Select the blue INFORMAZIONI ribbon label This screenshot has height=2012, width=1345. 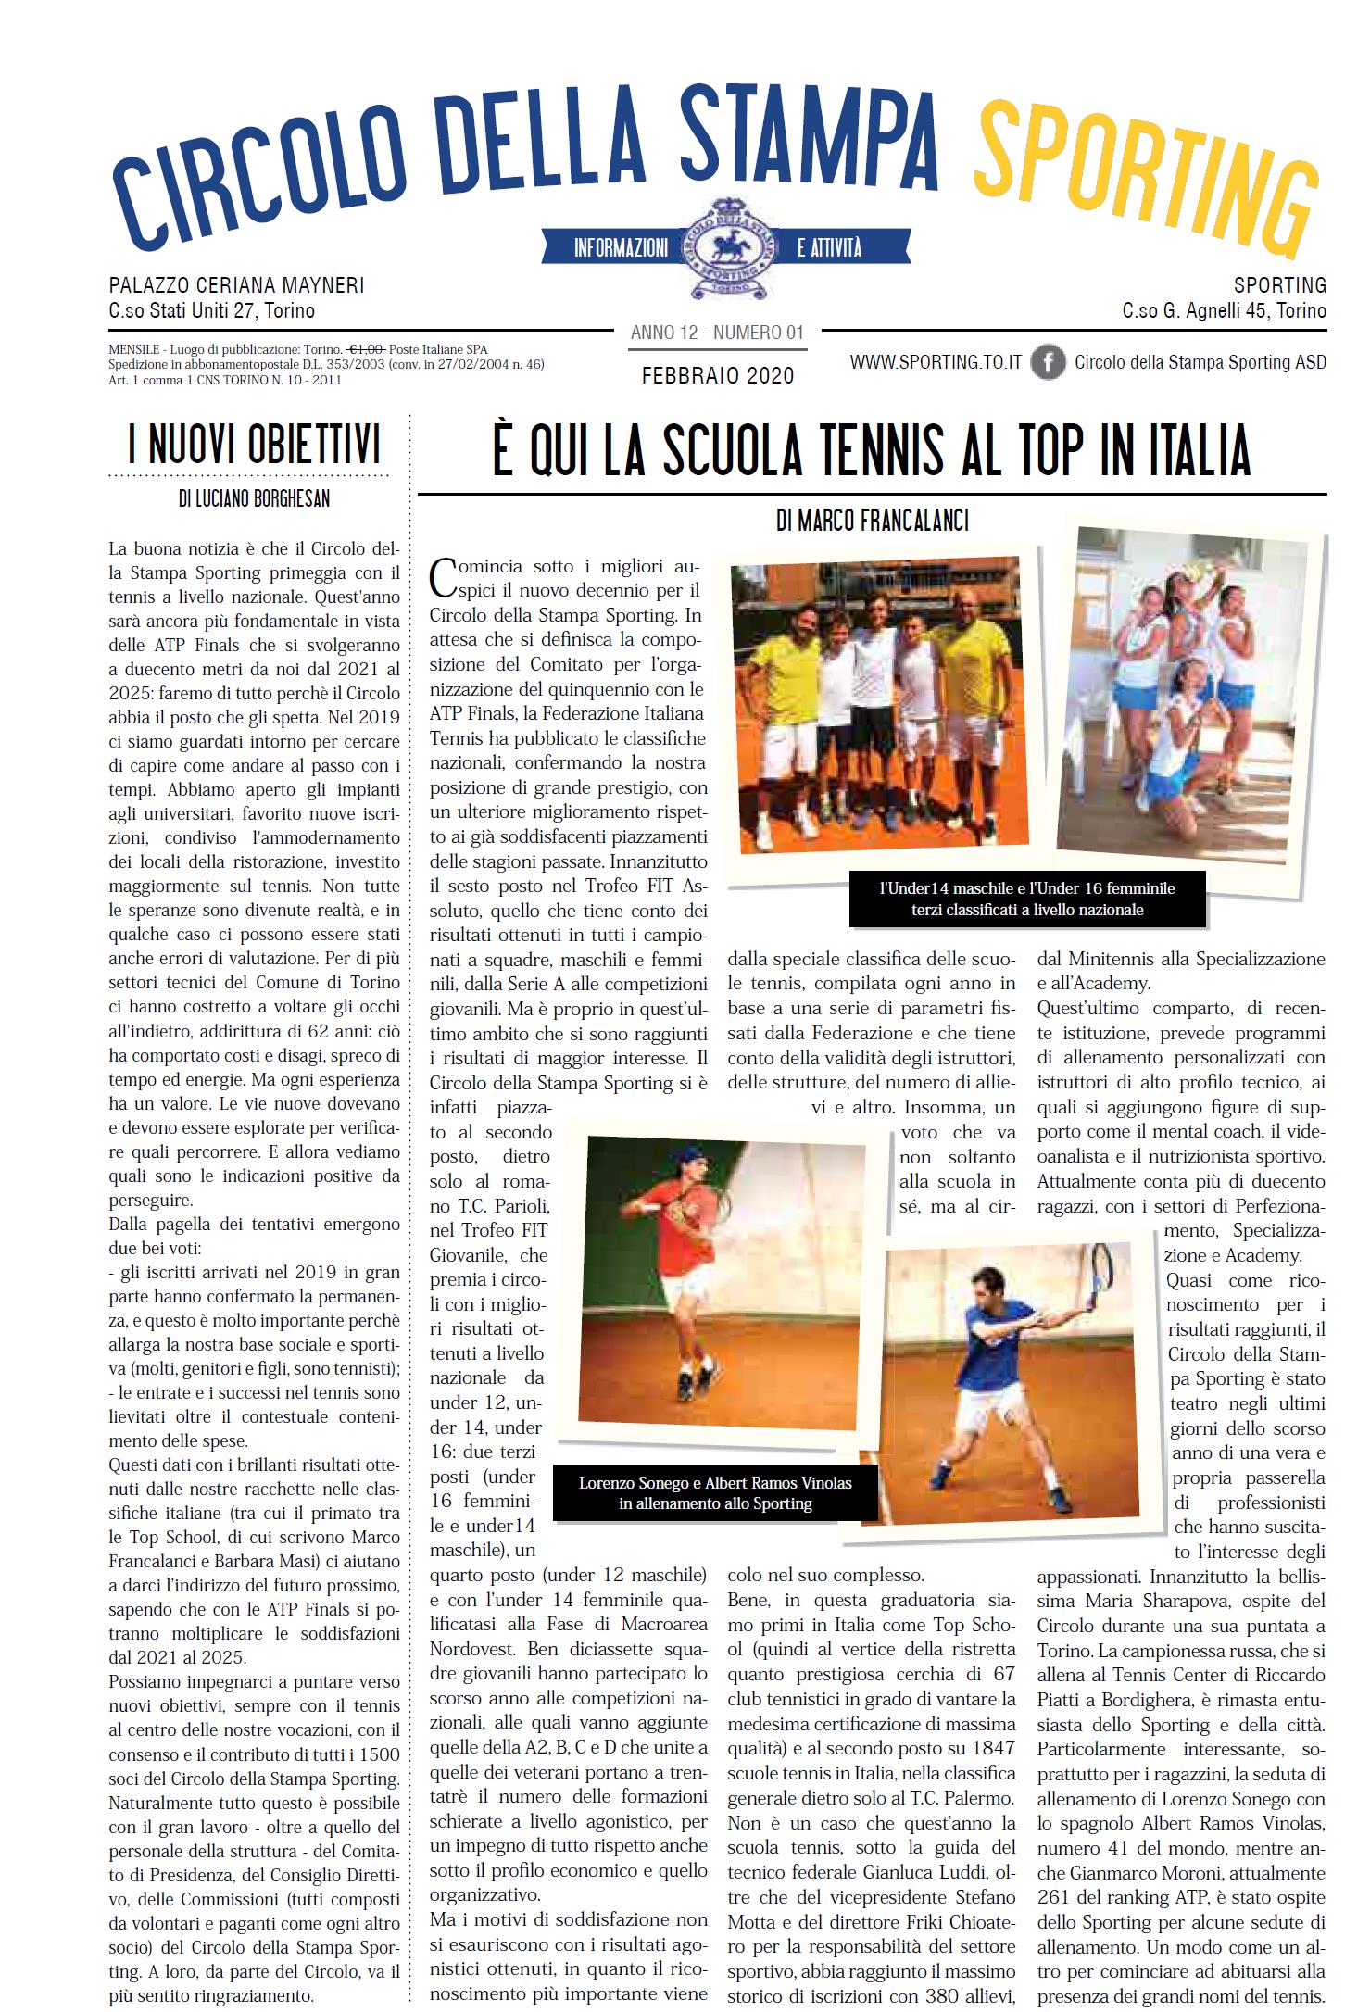click(x=621, y=248)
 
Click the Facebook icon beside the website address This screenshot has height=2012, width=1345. click(x=1048, y=362)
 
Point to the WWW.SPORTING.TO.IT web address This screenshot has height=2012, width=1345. click(x=936, y=362)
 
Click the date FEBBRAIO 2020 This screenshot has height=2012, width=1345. click(x=718, y=375)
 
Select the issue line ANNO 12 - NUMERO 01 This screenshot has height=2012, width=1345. click(x=717, y=333)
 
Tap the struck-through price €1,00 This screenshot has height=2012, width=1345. click(x=367, y=349)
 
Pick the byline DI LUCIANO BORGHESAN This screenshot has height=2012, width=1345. click(x=254, y=499)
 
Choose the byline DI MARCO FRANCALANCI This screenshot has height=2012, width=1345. click(x=873, y=522)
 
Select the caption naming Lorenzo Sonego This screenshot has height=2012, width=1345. click(x=715, y=1492)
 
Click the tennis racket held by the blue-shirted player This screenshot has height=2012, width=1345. click(x=1100, y=1264)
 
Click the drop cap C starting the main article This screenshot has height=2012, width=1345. click(x=444, y=576)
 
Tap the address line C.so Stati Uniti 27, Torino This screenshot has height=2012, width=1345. click(x=211, y=311)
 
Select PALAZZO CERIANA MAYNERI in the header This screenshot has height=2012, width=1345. click(x=236, y=285)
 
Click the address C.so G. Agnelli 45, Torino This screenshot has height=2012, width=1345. click(x=1224, y=311)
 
